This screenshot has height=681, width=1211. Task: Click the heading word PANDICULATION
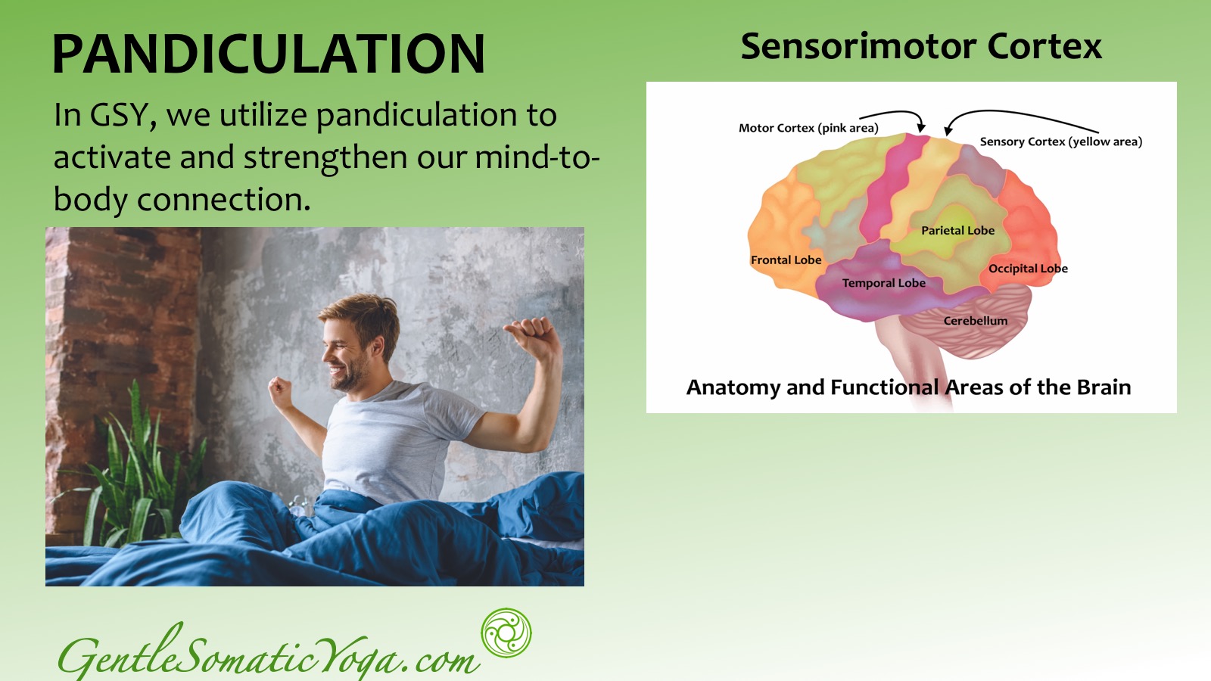269,54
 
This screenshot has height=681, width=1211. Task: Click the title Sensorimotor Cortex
920,46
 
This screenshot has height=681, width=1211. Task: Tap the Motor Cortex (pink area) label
808,128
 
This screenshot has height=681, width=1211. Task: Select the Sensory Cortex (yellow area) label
1060,141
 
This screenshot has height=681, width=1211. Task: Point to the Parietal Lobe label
957,230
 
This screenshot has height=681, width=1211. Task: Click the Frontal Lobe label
786,260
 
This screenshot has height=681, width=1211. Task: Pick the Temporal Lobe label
883,283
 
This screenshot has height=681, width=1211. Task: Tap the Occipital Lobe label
1028,269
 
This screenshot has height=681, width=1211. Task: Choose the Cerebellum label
976,321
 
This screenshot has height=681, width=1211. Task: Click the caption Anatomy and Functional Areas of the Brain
908,387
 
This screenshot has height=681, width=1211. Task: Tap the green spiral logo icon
506,633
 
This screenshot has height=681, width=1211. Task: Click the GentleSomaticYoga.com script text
269,653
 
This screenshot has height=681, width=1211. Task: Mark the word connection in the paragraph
224,200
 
